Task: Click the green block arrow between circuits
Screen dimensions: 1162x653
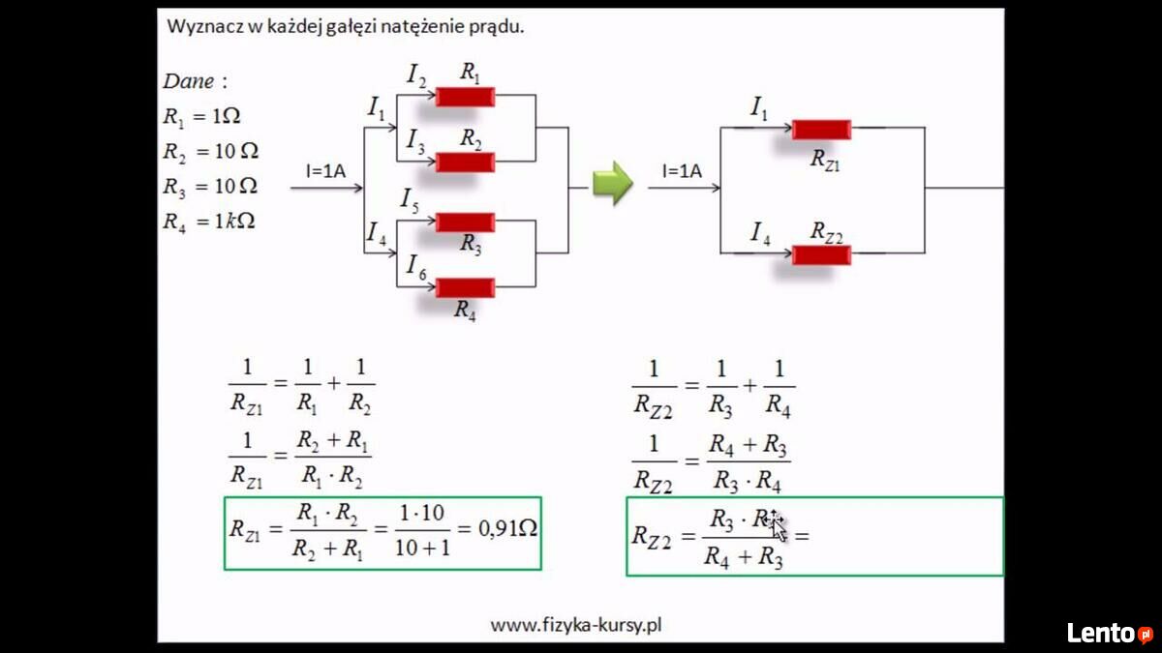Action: pyautogui.click(x=613, y=183)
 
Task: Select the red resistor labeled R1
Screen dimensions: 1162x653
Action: pyautogui.click(x=466, y=97)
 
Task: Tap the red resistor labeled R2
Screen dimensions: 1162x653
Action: pyautogui.click(x=466, y=163)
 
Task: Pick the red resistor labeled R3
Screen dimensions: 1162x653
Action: pyautogui.click(x=466, y=223)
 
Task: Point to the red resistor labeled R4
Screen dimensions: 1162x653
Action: pyautogui.click(x=466, y=287)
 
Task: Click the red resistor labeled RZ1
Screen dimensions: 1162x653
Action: pyautogui.click(x=822, y=130)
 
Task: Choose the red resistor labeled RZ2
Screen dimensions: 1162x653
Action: pyautogui.click(x=822, y=255)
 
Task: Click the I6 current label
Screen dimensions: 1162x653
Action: pyautogui.click(x=416, y=267)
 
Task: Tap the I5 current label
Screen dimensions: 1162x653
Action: pyautogui.click(x=410, y=201)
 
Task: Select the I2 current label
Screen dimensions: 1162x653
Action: pyautogui.click(x=416, y=75)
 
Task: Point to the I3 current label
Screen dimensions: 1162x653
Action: pyautogui.click(x=416, y=141)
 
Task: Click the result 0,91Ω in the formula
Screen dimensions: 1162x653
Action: pyautogui.click(x=507, y=528)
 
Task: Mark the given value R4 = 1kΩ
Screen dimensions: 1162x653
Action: pyautogui.click(x=209, y=222)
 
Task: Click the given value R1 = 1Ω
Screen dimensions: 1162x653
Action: pyautogui.click(x=201, y=117)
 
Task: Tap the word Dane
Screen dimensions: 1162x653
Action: pyautogui.click(x=188, y=81)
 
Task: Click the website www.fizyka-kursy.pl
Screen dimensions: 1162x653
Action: pyautogui.click(x=576, y=625)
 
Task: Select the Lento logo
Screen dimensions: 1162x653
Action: pyautogui.click(x=1110, y=633)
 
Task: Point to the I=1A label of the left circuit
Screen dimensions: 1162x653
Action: pyautogui.click(x=325, y=171)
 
